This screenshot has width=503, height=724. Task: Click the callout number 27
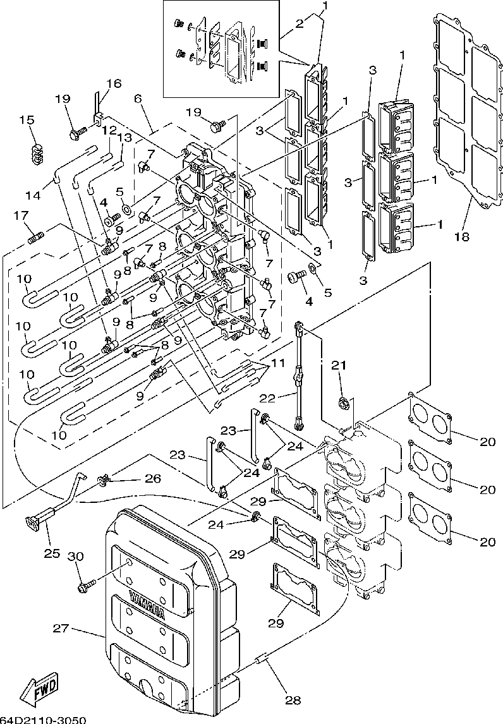click(61, 629)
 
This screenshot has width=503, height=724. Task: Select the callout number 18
click(463, 237)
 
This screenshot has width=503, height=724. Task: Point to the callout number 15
click(27, 120)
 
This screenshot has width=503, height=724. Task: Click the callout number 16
click(113, 84)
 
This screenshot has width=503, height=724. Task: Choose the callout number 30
click(76, 556)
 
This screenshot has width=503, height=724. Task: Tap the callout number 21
click(339, 366)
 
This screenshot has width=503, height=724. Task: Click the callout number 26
click(152, 478)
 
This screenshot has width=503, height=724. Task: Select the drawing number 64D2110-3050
click(42, 720)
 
